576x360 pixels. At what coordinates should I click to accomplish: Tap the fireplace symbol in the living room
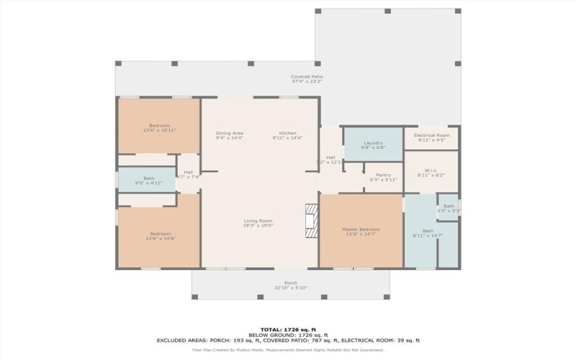tap(311, 220)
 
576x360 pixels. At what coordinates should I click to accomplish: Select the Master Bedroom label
tap(361, 229)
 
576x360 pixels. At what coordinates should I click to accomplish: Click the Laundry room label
tap(373, 143)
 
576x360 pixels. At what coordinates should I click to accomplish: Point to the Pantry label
tap(383, 174)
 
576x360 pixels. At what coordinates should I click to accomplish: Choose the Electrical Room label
tap(432, 135)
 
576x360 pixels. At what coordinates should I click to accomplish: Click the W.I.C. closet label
tap(431, 170)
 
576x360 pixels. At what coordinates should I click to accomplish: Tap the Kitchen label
tap(288, 133)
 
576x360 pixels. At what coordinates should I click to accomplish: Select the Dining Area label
tap(230, 133)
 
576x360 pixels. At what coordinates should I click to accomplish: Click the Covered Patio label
tap(307, 76)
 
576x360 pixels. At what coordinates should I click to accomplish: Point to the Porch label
tap(291, 283)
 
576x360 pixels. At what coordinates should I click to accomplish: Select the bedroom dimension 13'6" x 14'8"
tap(161, 238)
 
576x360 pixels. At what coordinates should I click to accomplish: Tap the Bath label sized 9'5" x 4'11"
tap(149, 178)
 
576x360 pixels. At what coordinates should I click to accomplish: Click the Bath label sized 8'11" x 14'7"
tap(428, 231)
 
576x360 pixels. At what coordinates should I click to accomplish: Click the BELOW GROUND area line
tap(288, 335)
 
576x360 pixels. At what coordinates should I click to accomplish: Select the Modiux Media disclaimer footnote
tap(288, 350)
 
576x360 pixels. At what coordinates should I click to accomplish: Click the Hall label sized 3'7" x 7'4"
tap(188, 172)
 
